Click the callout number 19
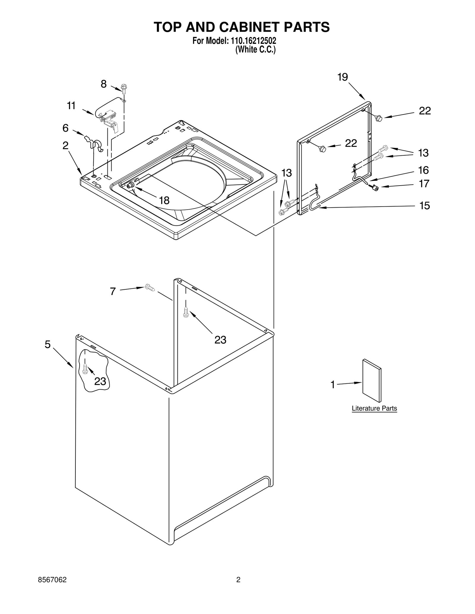(x=342, y=77)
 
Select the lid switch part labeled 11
(x=108, y=119)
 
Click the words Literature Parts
(x=374, y=408)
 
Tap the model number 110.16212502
(x=252, y=41)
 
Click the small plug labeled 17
(x=376, y=187)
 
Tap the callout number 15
(x=424, y=205)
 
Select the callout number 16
(x=423, y=170)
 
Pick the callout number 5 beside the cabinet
(x=47, y=344)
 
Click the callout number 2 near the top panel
(x=65, y=145)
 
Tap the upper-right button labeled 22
(x=379, y=118)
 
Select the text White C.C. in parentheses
(x=255, y=50)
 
